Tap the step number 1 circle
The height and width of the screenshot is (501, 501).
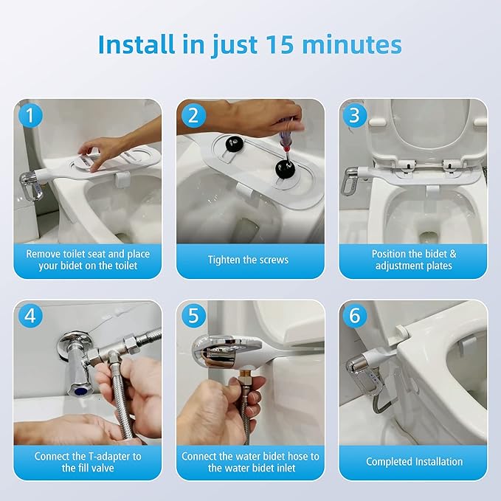29,115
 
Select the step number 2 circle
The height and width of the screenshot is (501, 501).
193,115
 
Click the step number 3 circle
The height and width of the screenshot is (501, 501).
355,115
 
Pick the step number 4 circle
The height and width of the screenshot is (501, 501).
29,317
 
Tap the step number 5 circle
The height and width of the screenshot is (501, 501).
193,317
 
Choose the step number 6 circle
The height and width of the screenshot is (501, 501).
355,317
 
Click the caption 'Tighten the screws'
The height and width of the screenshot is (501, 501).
249,260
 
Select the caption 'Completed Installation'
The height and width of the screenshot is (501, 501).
414,462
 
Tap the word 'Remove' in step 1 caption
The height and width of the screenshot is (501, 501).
44,254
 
